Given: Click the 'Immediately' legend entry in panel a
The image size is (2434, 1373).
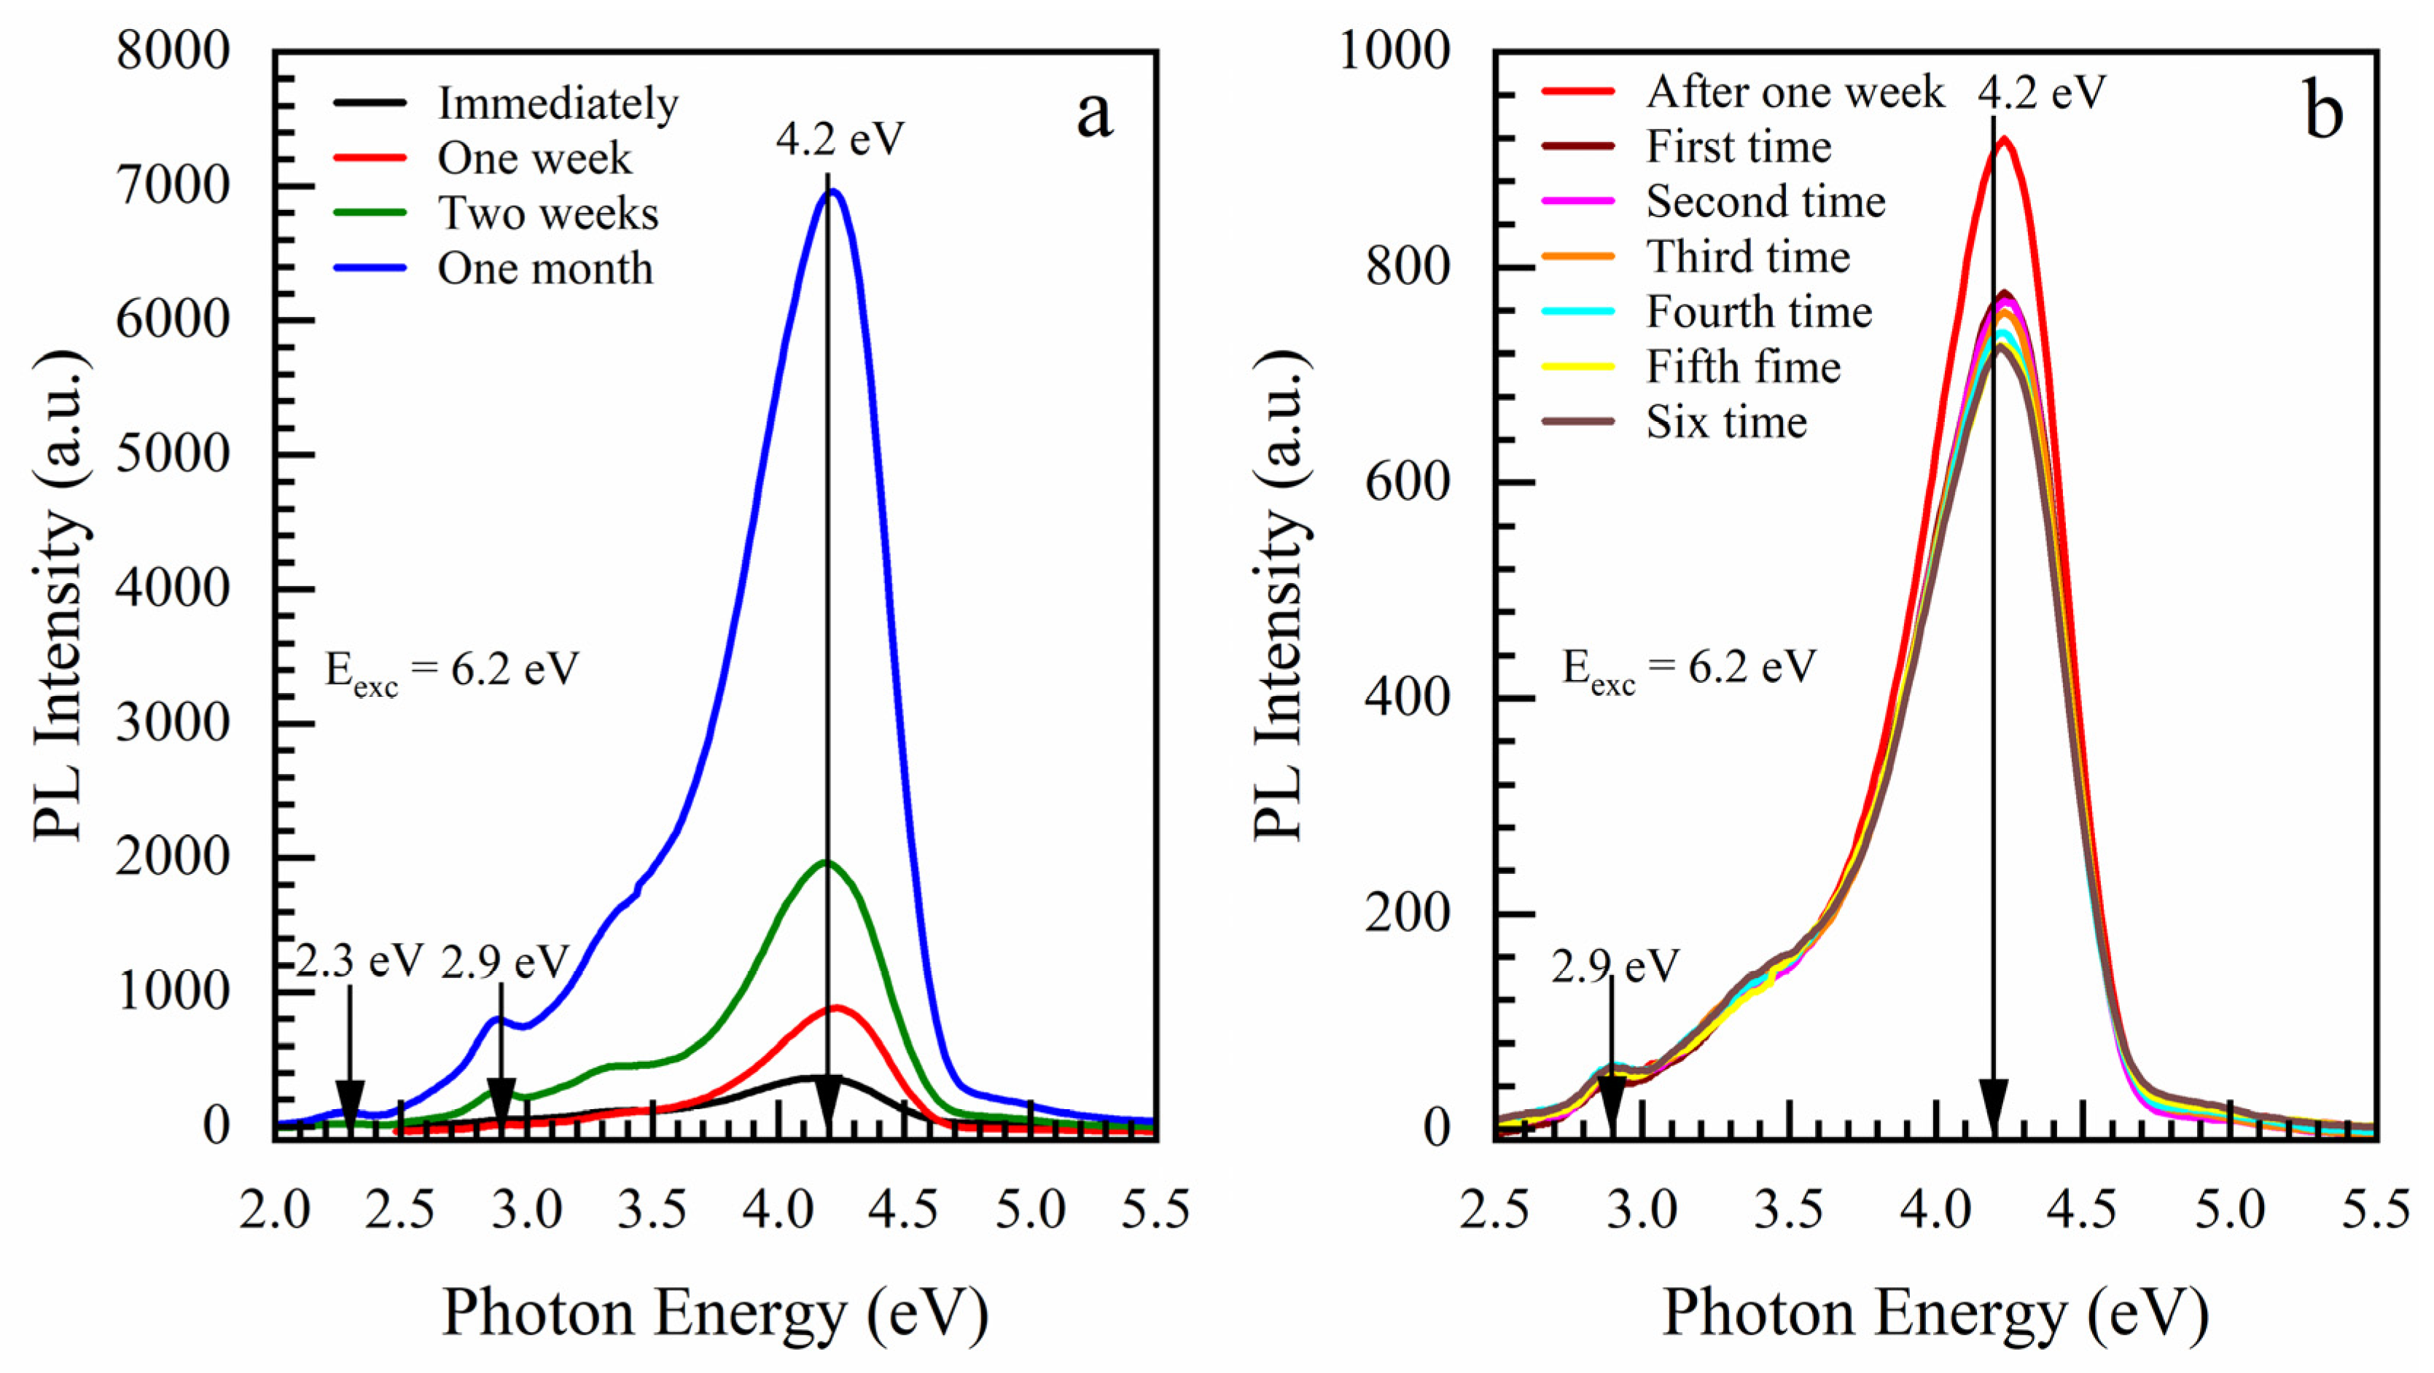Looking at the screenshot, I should tap(558, 104).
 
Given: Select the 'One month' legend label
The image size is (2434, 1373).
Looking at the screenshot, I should tap(545, 270).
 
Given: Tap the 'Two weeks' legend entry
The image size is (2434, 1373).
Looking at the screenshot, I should tap(548, 214).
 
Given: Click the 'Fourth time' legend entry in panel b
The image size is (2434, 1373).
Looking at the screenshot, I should tap(1758, 312).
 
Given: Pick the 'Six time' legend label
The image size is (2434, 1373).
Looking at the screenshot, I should tap(1726, 423).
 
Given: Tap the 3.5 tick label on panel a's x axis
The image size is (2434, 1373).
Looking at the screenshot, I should tap(652, 1210).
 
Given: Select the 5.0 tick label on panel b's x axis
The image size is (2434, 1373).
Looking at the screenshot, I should tap(2230, 1210).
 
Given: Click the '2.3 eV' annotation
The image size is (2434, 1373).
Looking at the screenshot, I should tap(359, 962).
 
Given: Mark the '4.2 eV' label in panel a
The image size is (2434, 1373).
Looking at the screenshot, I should tap(840, 139).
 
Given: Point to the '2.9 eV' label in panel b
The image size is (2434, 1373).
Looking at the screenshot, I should tap(1615, 966).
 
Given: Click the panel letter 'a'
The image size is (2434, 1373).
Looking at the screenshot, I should tap(1094, 116).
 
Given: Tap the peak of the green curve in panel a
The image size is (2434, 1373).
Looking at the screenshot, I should tap(827, 862).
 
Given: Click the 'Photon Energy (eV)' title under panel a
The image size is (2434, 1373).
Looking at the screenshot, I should tap(715, 1313).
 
